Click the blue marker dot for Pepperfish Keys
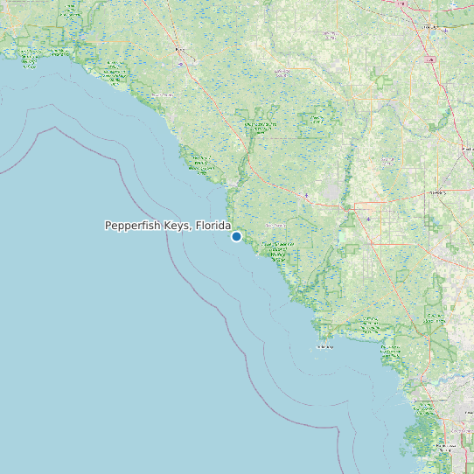tap(236, 236)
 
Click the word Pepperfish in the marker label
tap(133, 226)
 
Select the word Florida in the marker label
tap(213, 226)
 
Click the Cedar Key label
tap(325, 347)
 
